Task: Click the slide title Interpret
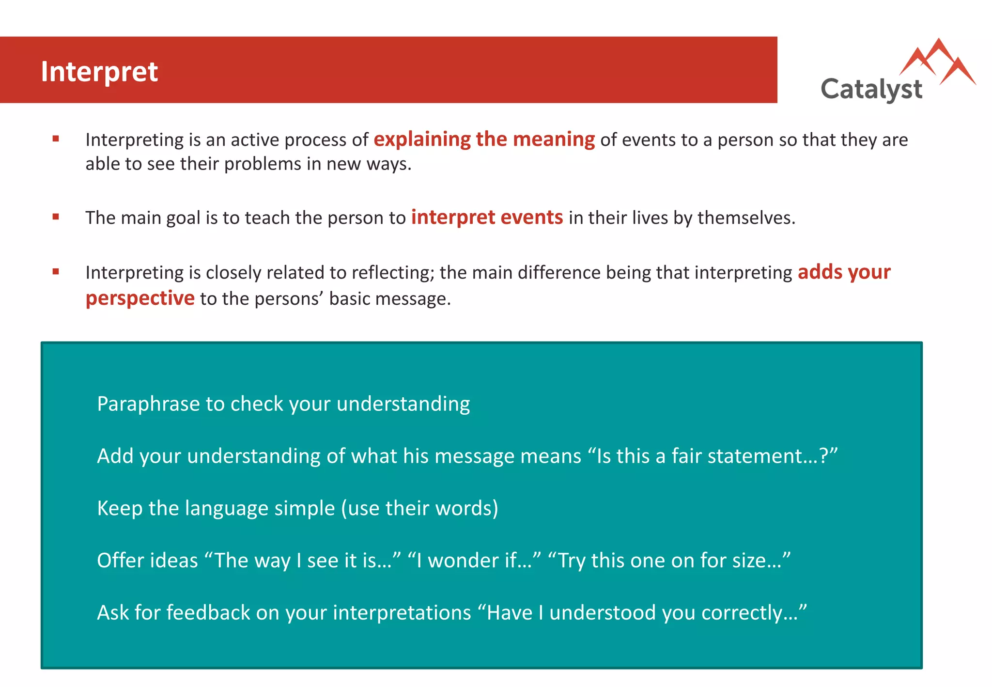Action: [x=99, y=72]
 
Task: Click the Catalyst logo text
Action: [x=871, y=90]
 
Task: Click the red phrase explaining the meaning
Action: [x=484, y=140]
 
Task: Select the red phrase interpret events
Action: [x=487, y=218]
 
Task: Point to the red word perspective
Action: [x=140, y=298]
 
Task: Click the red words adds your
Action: [x=844, y=272]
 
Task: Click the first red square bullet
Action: [x=56, y=139]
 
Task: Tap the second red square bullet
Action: [x=56, y=217]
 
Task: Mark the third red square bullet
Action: [x=56, y=272]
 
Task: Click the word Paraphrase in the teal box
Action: [x=148, y=404]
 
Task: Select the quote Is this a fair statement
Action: [x=712, y=456]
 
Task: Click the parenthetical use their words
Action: [x=419, y=508]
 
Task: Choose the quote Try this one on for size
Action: [x=669, y=561]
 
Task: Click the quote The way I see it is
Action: [x=303, y=561]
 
